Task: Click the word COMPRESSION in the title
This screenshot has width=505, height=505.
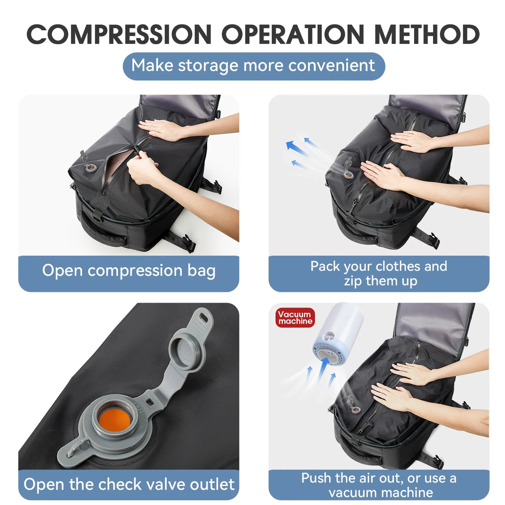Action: coord(119,35)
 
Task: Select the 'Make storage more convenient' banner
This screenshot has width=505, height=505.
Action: coord(253,66)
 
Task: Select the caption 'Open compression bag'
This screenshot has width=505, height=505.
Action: coord(129,271)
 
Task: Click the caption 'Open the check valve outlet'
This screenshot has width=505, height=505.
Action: coord(129,484)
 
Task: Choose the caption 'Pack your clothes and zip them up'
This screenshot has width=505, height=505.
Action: coord(379,274)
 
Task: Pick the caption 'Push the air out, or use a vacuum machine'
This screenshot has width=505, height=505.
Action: coord(379,485)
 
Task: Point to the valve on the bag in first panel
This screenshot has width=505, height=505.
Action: coord(90,167)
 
